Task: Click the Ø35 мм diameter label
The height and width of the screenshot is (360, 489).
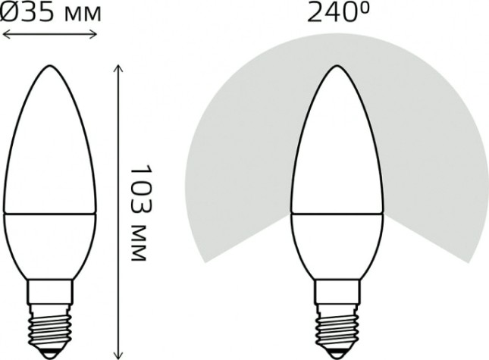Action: coord(50,13)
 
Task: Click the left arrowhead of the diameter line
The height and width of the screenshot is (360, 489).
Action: coord(5,33)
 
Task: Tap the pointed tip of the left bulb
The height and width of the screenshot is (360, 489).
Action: coord(49,65)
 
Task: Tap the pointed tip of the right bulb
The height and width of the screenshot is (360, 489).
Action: coord(334,65)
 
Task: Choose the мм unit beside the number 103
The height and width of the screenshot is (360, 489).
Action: coord(136,244)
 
